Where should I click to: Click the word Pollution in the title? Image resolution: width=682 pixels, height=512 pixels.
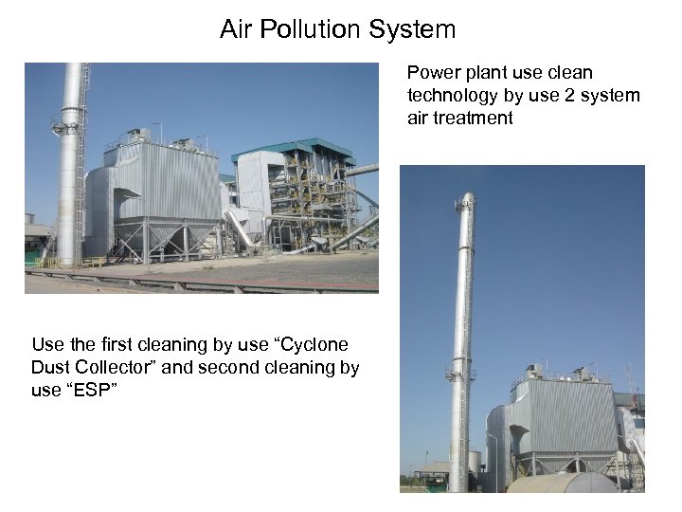coord(306,29)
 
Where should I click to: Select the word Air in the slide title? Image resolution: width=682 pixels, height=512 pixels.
coord(236,29)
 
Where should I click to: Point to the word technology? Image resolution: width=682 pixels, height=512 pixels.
coord(451,96)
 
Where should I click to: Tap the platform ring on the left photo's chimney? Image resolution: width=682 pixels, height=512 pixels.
coord(67,123)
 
